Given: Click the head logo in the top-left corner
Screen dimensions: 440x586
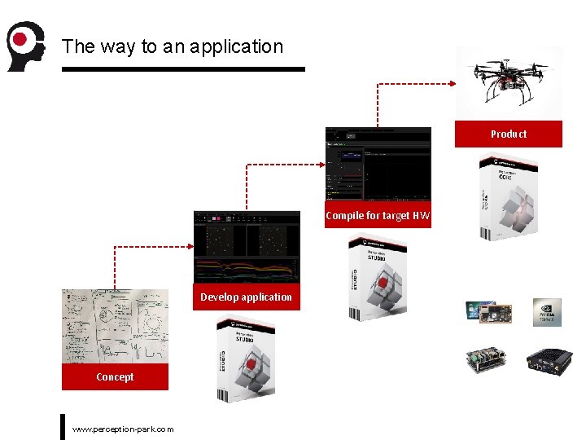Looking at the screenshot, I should click(x=24, y=46).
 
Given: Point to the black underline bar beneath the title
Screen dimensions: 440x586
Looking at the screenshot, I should click(x=183, y=69).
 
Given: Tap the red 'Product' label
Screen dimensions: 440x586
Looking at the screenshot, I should click(x=509, y=134).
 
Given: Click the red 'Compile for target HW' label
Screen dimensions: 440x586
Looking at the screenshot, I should click(x=378, y=216).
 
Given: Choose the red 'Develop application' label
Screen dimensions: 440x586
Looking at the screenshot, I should click(x=246, y=297).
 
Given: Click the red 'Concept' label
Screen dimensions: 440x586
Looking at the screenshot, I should click(x=115, y=376).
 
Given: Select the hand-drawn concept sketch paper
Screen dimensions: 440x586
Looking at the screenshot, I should click(x=115, y=326).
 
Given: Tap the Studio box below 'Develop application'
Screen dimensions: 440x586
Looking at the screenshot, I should click(x=246, y=359).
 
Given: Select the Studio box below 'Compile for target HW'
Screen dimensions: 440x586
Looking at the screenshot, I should click(x=378, y=277).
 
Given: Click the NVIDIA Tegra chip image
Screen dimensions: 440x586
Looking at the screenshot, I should click(x=546, y=312).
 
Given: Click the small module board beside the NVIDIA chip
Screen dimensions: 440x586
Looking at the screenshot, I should click(x=488, y=313).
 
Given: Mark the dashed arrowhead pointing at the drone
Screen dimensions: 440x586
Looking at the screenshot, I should click(x=452, y=82).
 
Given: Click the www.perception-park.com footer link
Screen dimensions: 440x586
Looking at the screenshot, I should click(x=123, y=429).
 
